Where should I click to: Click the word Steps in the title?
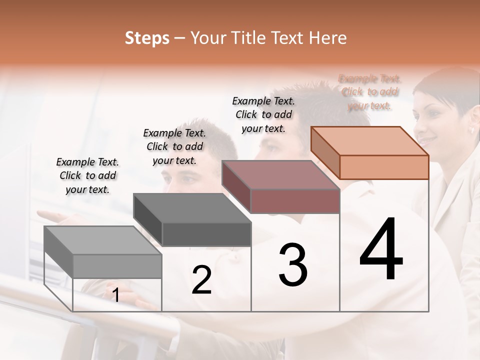click(x=147, y=38)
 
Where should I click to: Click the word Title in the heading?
click(x=249, y=38)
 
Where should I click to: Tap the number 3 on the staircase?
click(x=292, y=265)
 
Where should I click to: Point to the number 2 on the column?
click(x=201, y=280)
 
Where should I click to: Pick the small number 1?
click(x=115, y=295)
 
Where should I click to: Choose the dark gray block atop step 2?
click(x=192, y=220)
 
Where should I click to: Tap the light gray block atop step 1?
click(x=103, y=252)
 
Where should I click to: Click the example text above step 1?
click(x=87, y=176)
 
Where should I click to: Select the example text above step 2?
click(x=174, y=147)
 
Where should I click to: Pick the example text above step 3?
click(x=263, y=114)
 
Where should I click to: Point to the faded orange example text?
click(x=369, y=92)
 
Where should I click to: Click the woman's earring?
click(x=471, y=130)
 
